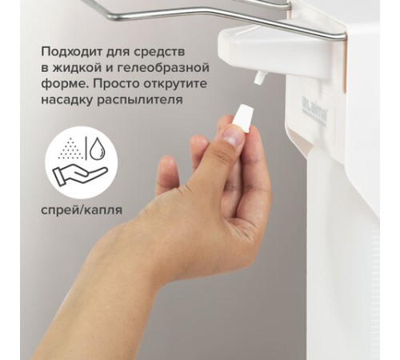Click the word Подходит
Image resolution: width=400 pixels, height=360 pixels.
(x=71, y=52)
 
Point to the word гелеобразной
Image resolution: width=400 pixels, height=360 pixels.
(x=163, y=69)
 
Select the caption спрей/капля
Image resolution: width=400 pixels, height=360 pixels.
(x=82, y=210)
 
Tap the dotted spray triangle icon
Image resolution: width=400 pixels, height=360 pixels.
(x=70, y=149)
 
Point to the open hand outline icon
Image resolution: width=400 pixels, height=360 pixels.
(x=80, y=175)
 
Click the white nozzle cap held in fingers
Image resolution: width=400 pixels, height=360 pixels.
(x=242, y=118)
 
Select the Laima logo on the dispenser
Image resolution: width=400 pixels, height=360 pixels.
(x=314, y=113)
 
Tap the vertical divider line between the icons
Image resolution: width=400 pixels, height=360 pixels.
(x=86, y=149)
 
